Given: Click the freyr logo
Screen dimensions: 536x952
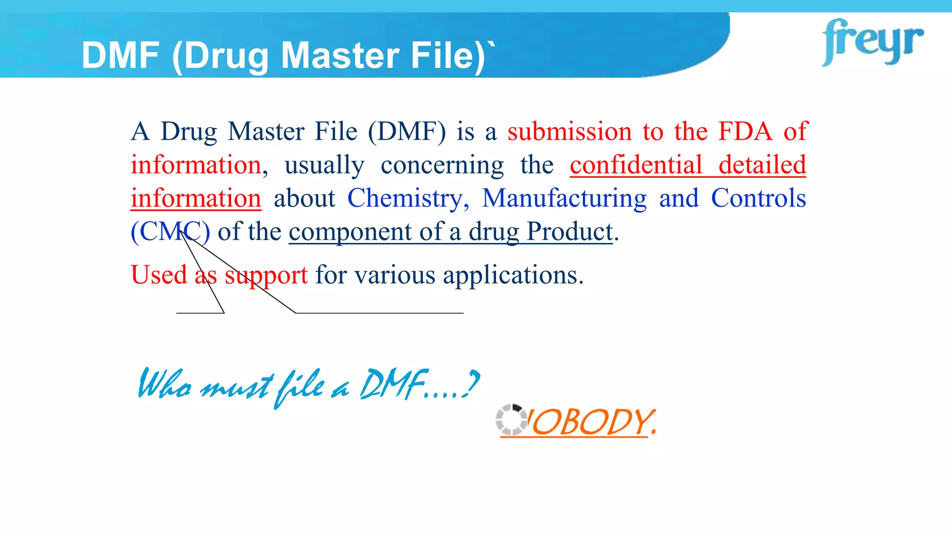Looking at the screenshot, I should [x=872, y=42].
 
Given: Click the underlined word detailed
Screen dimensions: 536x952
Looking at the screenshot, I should [x=762, y=165].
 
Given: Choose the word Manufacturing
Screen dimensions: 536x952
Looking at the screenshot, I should [x=564, y=199].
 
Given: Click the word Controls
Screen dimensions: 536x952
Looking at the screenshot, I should [x=758, y=199].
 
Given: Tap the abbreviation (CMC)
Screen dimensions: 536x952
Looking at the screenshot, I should [x=170, y=232].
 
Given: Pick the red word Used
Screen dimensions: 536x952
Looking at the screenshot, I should [x=159, y=275].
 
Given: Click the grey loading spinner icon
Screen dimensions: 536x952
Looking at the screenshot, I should [x=511, y=420].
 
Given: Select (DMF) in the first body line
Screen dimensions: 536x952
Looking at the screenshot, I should [x=407, y=132].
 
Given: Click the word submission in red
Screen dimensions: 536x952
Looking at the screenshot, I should [x=569, y=132].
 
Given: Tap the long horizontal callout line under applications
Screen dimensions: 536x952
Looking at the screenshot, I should [x=379, y=313].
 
